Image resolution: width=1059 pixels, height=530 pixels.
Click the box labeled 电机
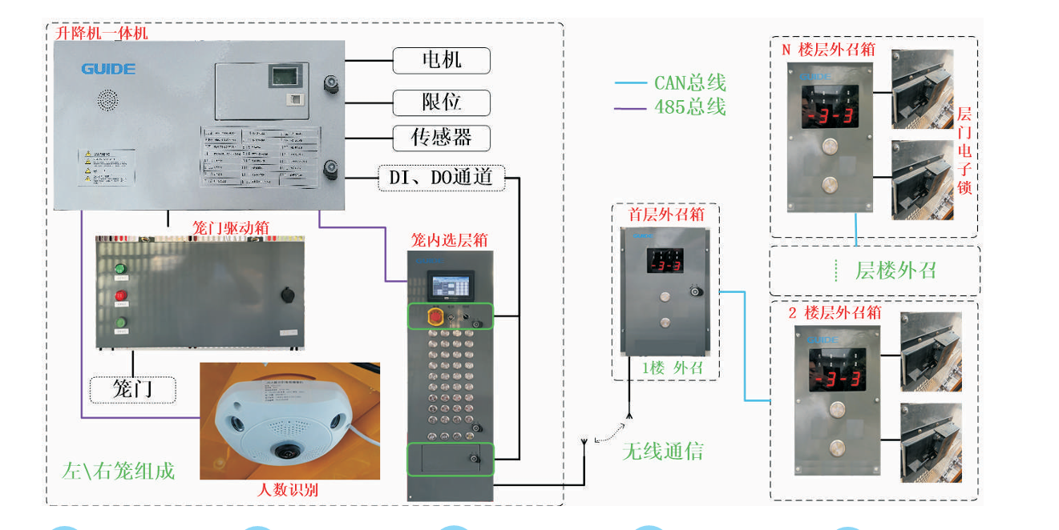click(441, 60)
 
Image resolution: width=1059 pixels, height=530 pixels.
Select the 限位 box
click(441, 102)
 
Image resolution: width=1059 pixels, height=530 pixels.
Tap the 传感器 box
click(441, 138)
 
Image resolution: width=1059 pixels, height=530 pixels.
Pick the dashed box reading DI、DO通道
click(441, 178)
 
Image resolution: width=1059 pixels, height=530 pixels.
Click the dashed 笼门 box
click(132, 389)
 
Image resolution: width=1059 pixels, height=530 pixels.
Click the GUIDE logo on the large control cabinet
click(108, 69)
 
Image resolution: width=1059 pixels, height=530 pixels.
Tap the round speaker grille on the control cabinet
click(108, 100)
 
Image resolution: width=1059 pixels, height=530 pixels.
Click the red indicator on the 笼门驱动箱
click(121, 296)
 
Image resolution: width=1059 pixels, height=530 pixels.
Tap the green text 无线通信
click(663, 452)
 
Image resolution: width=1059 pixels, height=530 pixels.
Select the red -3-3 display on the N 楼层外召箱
click(829, 117)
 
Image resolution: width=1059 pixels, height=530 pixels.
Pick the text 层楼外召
click(895, 271)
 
